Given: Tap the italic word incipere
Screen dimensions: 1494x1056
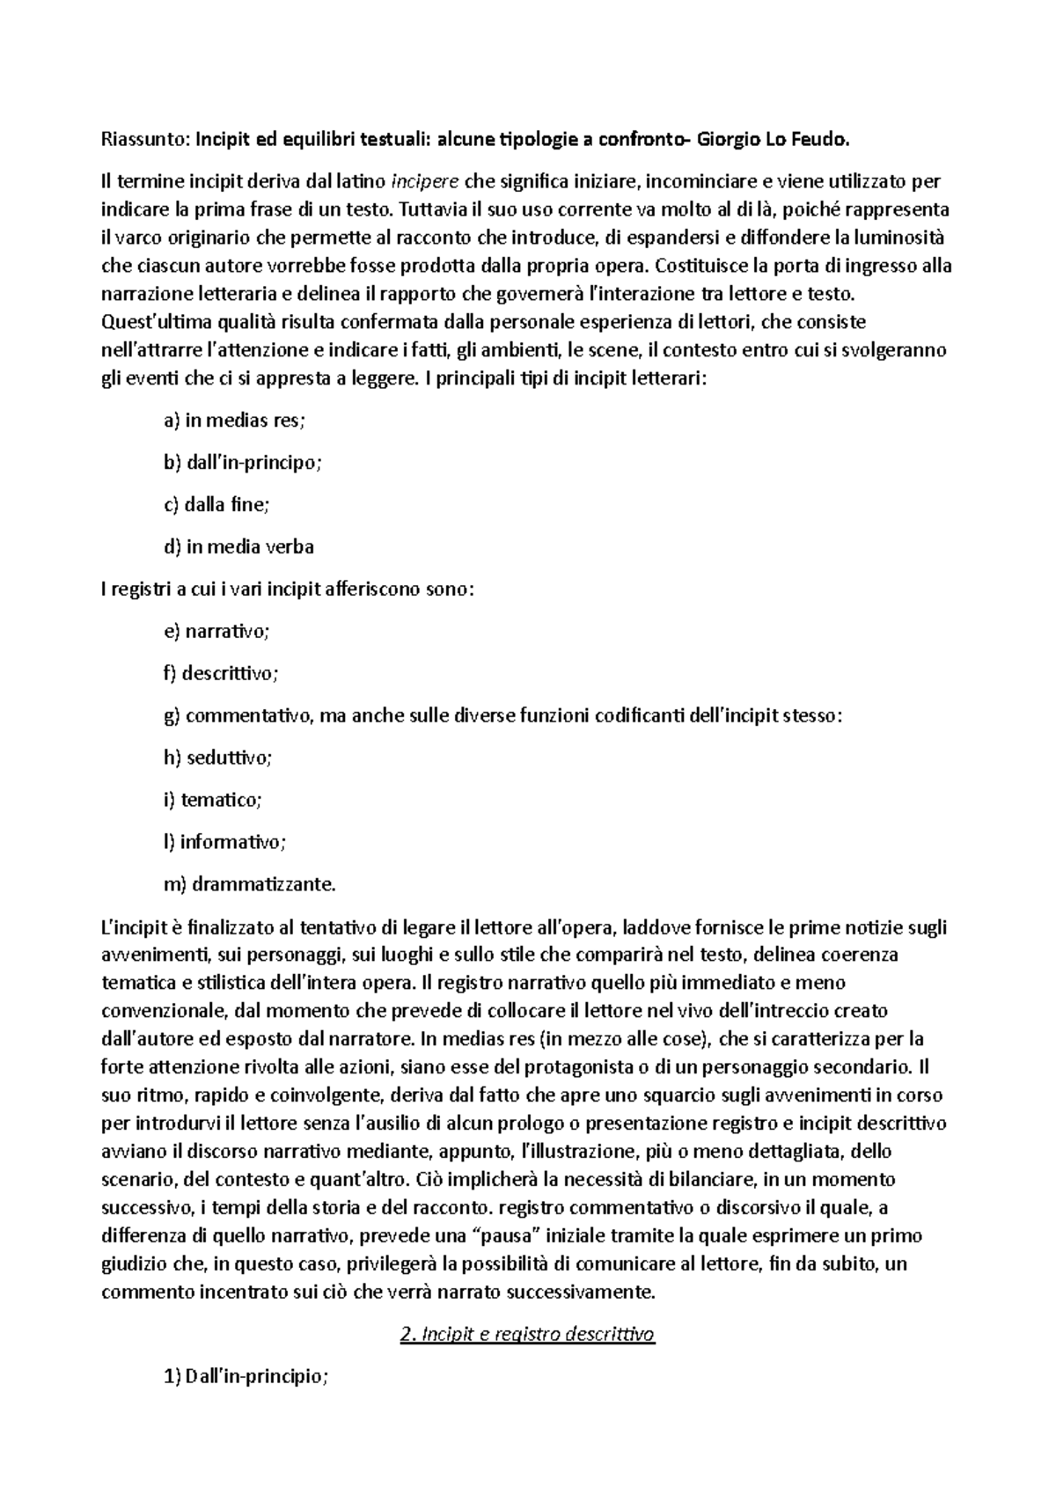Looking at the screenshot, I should (424, 182).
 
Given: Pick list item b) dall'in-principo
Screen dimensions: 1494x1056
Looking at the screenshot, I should (243, 463).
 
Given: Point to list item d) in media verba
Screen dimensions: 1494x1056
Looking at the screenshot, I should (239, 547).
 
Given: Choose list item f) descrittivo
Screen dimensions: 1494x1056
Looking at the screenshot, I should (221, 673).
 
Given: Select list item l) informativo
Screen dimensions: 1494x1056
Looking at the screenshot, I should (224, 842).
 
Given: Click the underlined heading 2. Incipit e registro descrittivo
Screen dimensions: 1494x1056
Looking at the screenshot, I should (527, 1335).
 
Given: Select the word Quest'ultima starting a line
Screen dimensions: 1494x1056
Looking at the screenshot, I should (153, 323).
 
